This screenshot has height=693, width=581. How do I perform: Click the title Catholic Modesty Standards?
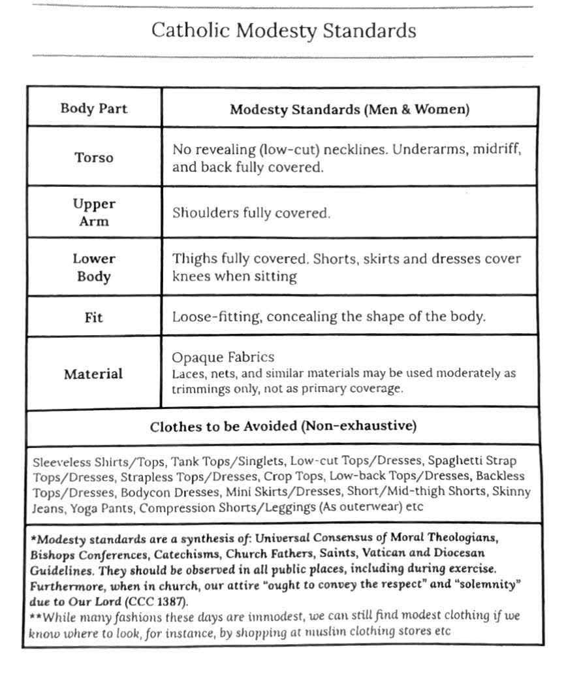point(283,31)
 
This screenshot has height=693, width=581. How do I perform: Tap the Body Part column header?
point(94,108)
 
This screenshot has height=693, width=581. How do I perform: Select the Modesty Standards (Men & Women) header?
point(349,110)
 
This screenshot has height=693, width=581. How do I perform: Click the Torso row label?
point(94,157)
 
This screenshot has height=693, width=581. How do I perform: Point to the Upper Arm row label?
point(94,212)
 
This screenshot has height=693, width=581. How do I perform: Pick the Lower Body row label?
point(94,267)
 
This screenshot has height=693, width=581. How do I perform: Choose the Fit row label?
point(94,317)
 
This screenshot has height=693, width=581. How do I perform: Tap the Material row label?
point(93,374)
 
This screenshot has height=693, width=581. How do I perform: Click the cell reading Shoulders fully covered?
point(251,213)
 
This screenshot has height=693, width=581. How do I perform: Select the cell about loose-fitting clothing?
point(329,317)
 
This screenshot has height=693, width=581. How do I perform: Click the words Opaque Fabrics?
point(223,357)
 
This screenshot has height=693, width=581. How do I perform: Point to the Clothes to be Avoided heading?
point(283,427)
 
